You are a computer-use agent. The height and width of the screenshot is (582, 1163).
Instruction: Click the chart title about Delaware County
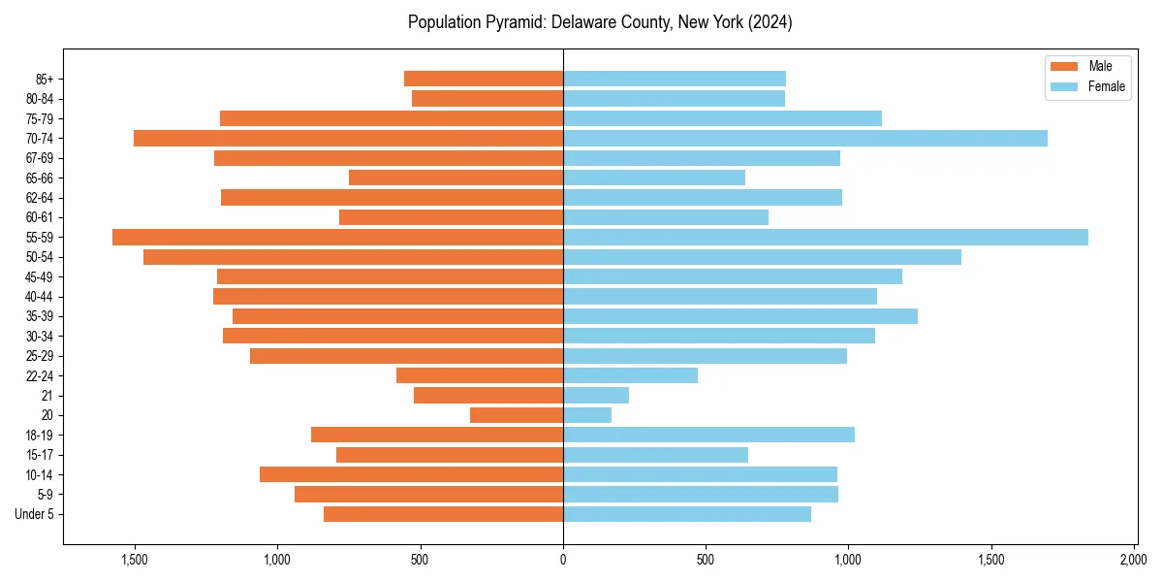600,22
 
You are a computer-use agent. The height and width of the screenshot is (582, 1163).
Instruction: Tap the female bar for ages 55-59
825,237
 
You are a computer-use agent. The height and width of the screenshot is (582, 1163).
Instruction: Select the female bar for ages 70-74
804,138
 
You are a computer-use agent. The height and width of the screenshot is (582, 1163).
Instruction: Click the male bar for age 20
517,415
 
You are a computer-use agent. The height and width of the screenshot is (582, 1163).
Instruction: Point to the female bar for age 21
596,395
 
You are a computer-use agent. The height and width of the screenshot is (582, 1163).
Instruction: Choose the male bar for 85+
484,79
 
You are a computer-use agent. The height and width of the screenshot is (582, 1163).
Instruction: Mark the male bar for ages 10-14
411,474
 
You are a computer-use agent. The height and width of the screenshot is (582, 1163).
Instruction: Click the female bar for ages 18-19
708,435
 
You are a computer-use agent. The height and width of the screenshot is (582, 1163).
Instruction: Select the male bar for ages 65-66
456,178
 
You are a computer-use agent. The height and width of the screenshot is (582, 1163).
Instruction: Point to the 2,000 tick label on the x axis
1134,559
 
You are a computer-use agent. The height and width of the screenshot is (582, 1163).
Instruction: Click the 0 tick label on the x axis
563,559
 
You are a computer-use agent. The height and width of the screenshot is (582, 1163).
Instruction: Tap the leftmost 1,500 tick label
134,559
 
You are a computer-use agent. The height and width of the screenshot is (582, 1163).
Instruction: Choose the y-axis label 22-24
40,375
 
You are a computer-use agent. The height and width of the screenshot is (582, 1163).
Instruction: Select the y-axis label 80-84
40,98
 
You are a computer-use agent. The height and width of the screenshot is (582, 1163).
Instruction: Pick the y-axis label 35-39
40,316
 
